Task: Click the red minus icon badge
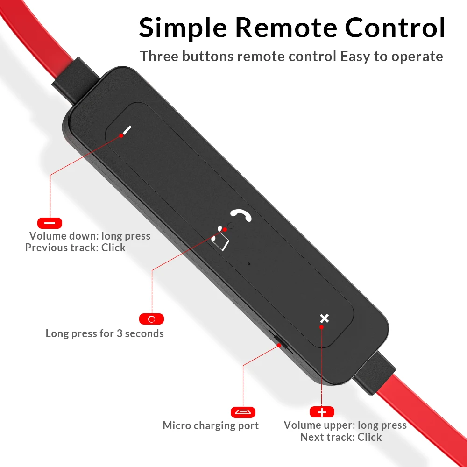click(x=50, y=223)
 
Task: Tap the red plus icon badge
click(x=322, y=412)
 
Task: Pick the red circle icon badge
click(x=151, y=319)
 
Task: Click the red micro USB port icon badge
click(x=243, y=412)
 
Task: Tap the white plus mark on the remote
click(x=324, y=318)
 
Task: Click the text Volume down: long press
click(x=90, y=236)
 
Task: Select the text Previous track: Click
click(x=75, y=248)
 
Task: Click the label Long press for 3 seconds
click(x=105, y=333)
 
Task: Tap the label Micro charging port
click(x=211, y=425)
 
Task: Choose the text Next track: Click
click(x=341, y=437)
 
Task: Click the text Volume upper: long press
click(x=345, y=425)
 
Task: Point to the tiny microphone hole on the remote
click(x=249, y=263)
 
